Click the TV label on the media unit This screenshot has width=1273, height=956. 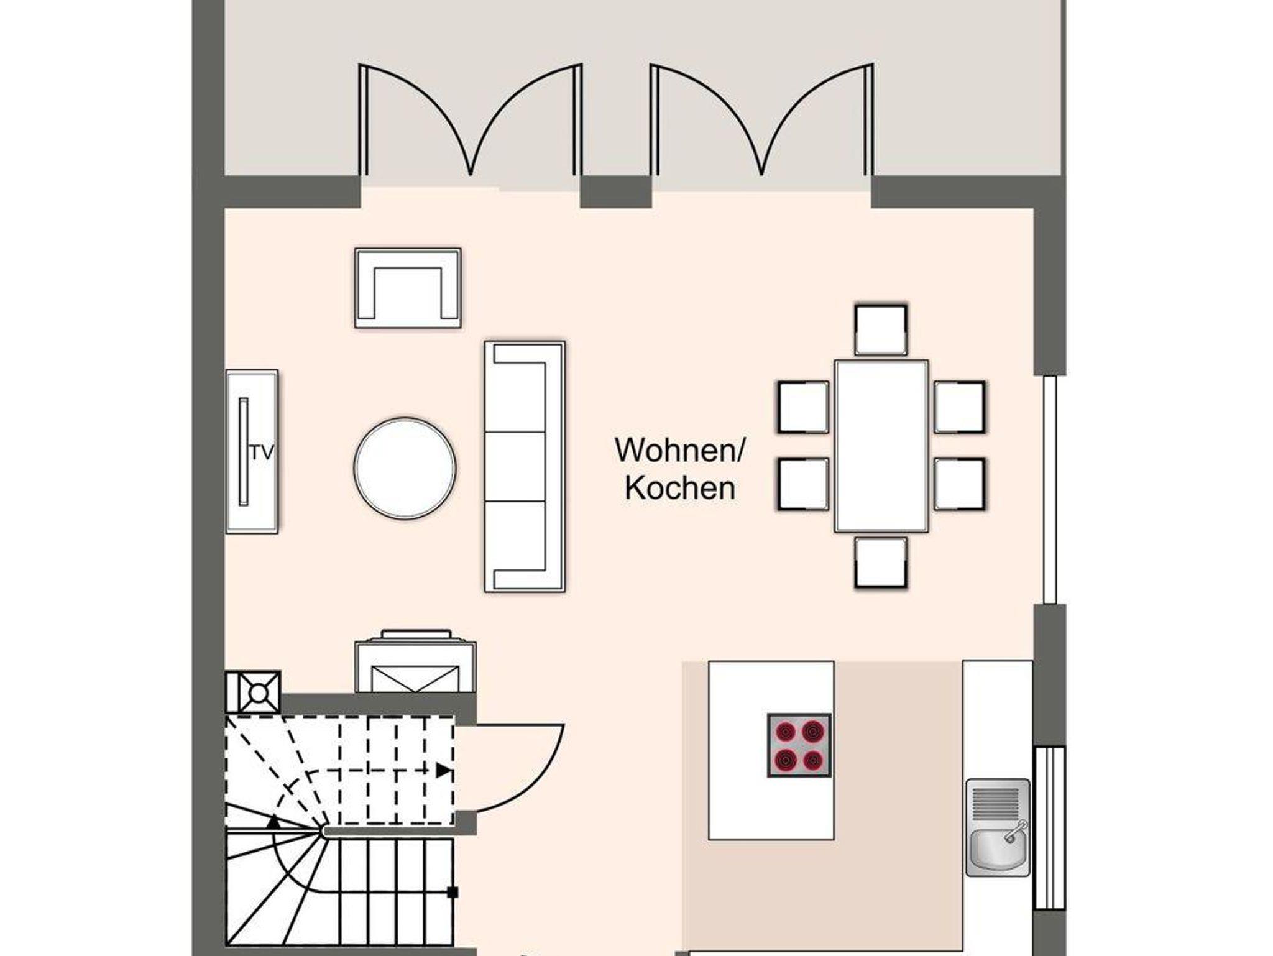(262, 453)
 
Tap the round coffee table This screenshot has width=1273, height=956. (405, 468)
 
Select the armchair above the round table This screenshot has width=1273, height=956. (408, 288)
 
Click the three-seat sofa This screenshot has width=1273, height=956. (525, 466)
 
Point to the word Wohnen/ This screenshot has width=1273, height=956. (679, 449)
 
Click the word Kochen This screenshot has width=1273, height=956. (680, 488)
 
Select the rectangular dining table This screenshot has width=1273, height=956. (881, 446)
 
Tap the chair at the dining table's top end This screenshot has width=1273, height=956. (881, 330)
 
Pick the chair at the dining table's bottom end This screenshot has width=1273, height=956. (881, 563)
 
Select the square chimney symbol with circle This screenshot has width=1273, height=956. (253, 692)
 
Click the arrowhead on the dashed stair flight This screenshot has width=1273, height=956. (444, 771)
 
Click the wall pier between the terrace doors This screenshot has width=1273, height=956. (616, 192)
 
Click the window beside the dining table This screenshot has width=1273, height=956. (1050, 489)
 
